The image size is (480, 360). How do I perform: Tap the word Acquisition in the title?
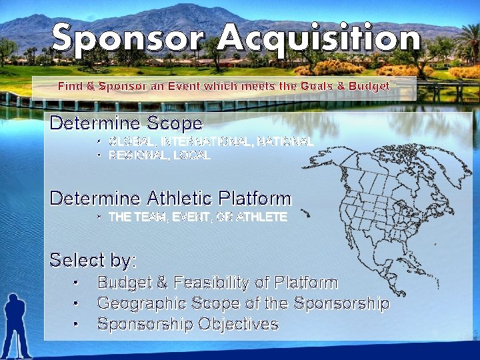click(319, 39)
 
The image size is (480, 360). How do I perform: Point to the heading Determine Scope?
click(126, 123)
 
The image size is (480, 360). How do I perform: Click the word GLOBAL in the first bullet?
click(133, 141)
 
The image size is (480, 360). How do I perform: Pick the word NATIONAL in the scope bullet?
click(285, 141)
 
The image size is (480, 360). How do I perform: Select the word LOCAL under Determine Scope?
click(194, 155)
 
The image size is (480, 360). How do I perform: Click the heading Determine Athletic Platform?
click(170, 198)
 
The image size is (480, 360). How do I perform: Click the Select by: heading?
click(93, 259)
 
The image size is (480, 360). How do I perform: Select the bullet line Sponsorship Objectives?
click(187, 324)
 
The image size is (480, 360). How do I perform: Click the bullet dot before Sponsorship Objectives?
click(77, 325)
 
